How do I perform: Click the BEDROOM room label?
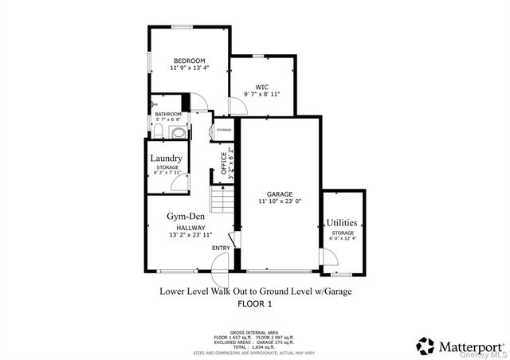point(190,61)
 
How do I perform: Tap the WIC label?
point(261,87)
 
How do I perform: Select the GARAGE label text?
point(280,194)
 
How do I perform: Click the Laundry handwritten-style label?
point(167,158)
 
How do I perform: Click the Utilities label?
point(342,222)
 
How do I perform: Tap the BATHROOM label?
point(168,114)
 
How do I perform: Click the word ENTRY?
point(221,248)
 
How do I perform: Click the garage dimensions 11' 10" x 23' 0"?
point(280,202)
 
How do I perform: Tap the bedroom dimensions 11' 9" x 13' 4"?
point(190,68)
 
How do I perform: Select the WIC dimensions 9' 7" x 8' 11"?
point(261,95)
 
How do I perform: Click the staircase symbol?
point(222,197)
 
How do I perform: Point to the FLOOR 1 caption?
point(255,303)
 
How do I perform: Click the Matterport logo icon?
point(426,346)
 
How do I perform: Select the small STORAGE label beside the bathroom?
point(223,129)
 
